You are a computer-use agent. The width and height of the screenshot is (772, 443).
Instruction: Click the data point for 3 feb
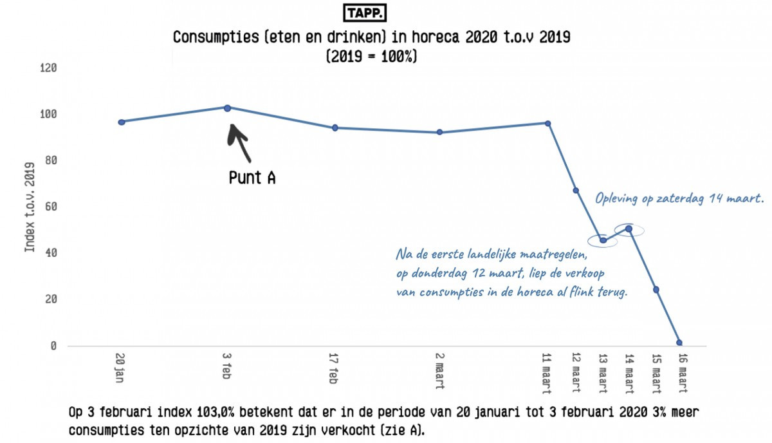[x=228, y=108]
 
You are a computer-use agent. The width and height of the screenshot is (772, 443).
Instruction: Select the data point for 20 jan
[x=122, y=122]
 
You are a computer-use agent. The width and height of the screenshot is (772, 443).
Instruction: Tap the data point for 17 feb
[x=335, y=127]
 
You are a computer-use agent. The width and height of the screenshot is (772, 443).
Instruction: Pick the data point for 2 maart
[x=439, y=132]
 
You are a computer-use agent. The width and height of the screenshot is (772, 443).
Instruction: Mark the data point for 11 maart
[x=547, y=123]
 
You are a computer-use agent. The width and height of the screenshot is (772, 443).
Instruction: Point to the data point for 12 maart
[x=576, y=191]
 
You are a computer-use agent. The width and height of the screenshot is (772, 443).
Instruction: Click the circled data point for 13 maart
[x=603, y=241]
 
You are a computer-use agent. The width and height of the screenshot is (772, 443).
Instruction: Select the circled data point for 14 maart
[x=629, y=229]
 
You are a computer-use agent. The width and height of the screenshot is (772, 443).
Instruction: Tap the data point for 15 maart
[x=656, y=290]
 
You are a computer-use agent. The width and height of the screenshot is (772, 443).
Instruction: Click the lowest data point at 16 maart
[x=679, y=343]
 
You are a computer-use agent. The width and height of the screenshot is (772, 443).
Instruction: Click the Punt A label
[x=252, y=178]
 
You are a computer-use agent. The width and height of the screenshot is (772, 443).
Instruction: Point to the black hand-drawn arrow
[x=239, y=142]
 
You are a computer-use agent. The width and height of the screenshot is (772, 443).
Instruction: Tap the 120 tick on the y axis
[x=49, y=68]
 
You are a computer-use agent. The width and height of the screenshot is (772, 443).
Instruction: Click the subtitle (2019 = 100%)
[x=372, y=56]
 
